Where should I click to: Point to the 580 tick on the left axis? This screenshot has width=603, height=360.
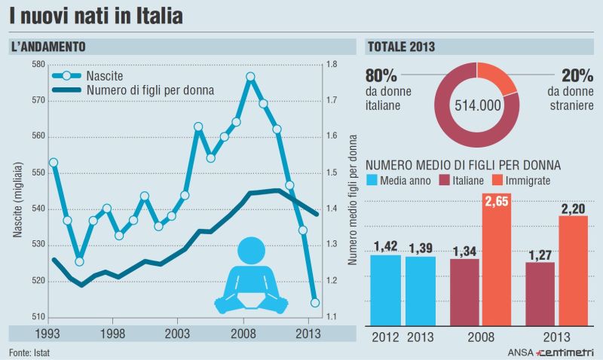tap(38, 65)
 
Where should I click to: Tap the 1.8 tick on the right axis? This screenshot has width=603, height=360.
tap(332, 65)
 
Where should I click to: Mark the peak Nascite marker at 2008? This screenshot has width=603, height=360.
tap(250, 77)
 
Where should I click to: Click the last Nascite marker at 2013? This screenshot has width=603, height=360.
tap(315, 303)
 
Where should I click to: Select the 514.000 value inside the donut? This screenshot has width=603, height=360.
tap(478, 105)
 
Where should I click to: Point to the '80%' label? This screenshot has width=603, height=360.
tap(381, 75)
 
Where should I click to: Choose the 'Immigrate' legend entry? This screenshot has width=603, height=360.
tap(528, 181)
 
